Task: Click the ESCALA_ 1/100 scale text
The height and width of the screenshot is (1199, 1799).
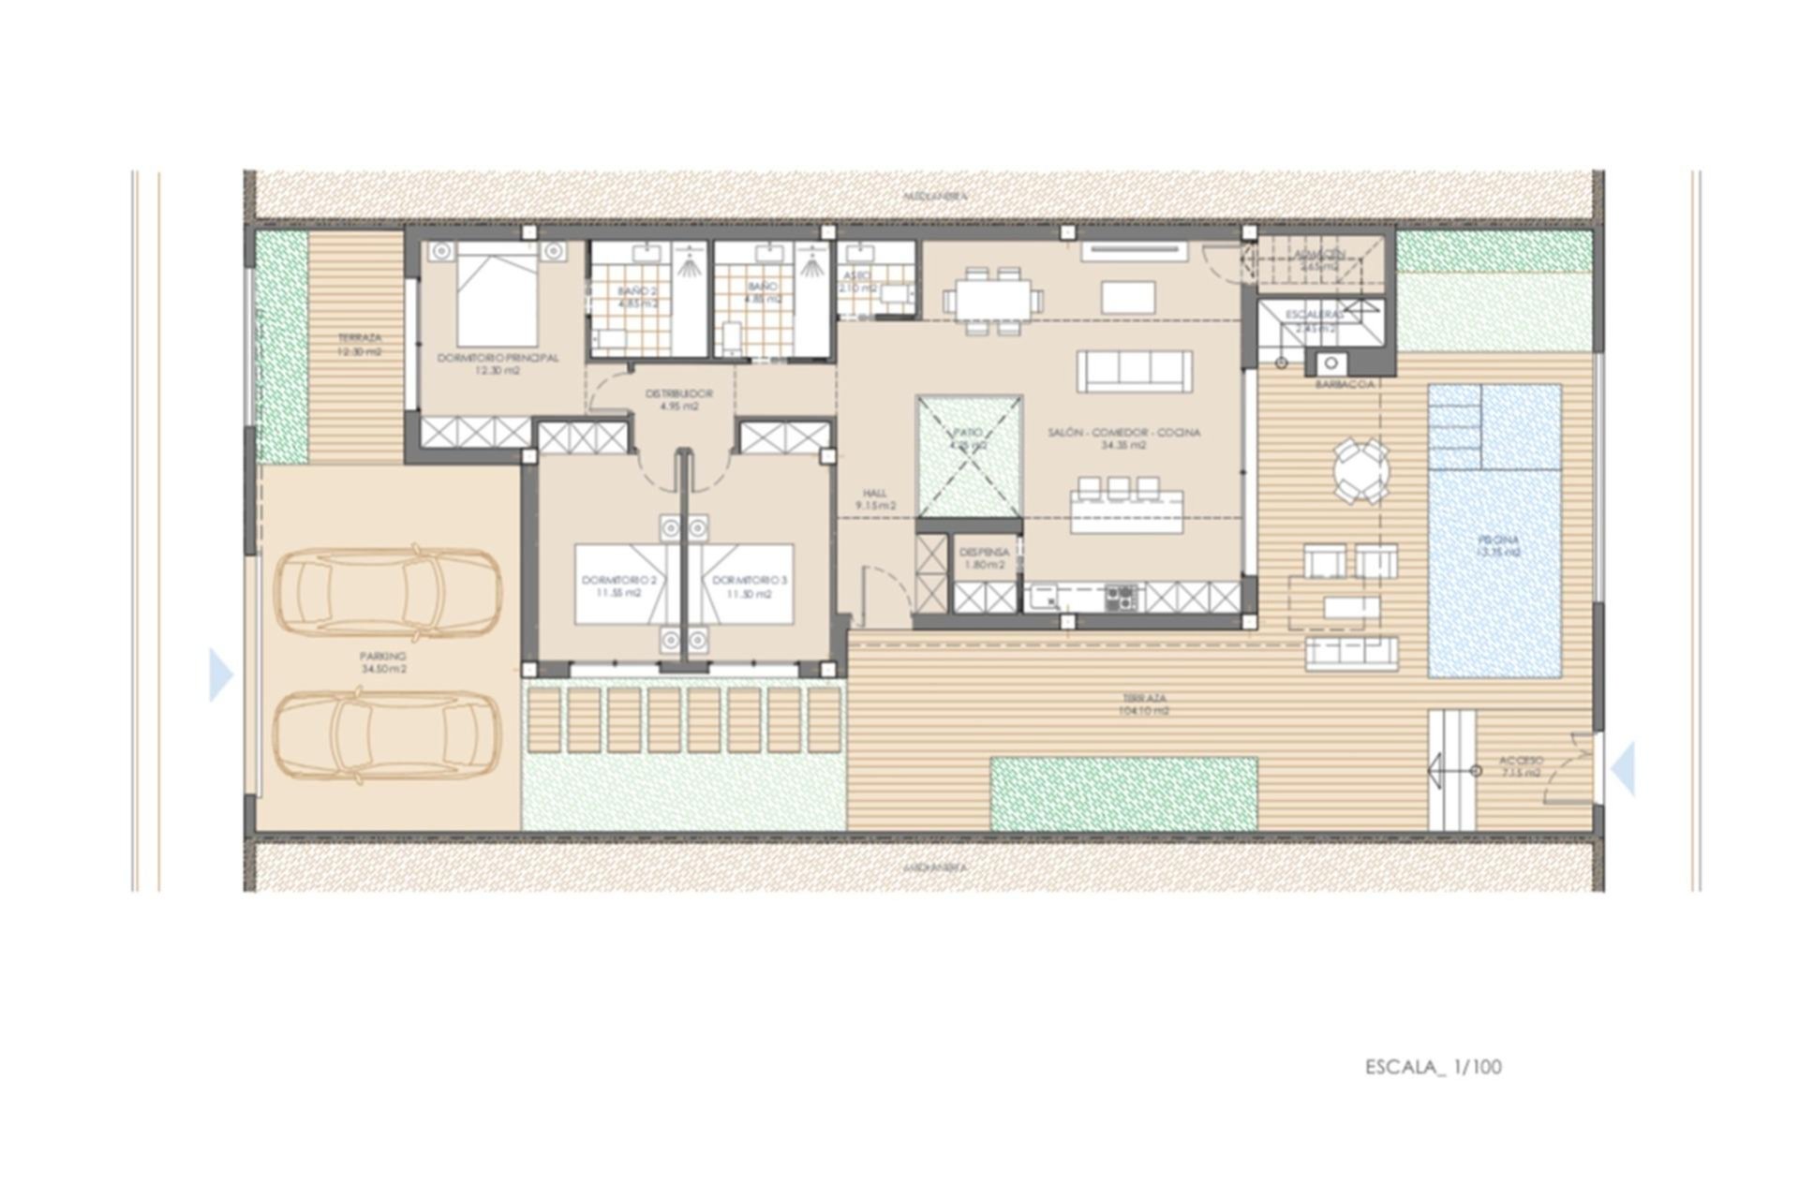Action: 1433,1067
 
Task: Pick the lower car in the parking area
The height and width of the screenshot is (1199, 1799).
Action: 389,735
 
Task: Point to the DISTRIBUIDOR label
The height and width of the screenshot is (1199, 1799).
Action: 679,400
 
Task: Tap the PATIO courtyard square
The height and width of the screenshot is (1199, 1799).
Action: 969,454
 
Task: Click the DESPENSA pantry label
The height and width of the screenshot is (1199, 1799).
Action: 984,558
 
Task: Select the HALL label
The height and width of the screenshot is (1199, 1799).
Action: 876,499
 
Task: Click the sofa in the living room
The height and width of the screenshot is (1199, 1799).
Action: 1134,372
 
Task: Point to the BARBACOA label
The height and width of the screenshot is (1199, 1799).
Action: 1345,384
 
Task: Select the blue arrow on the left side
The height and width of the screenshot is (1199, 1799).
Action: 220,674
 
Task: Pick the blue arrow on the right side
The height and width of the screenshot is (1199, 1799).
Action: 1624,768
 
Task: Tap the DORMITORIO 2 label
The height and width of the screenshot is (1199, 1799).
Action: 618,586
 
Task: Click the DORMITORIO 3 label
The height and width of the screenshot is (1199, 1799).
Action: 750,586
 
